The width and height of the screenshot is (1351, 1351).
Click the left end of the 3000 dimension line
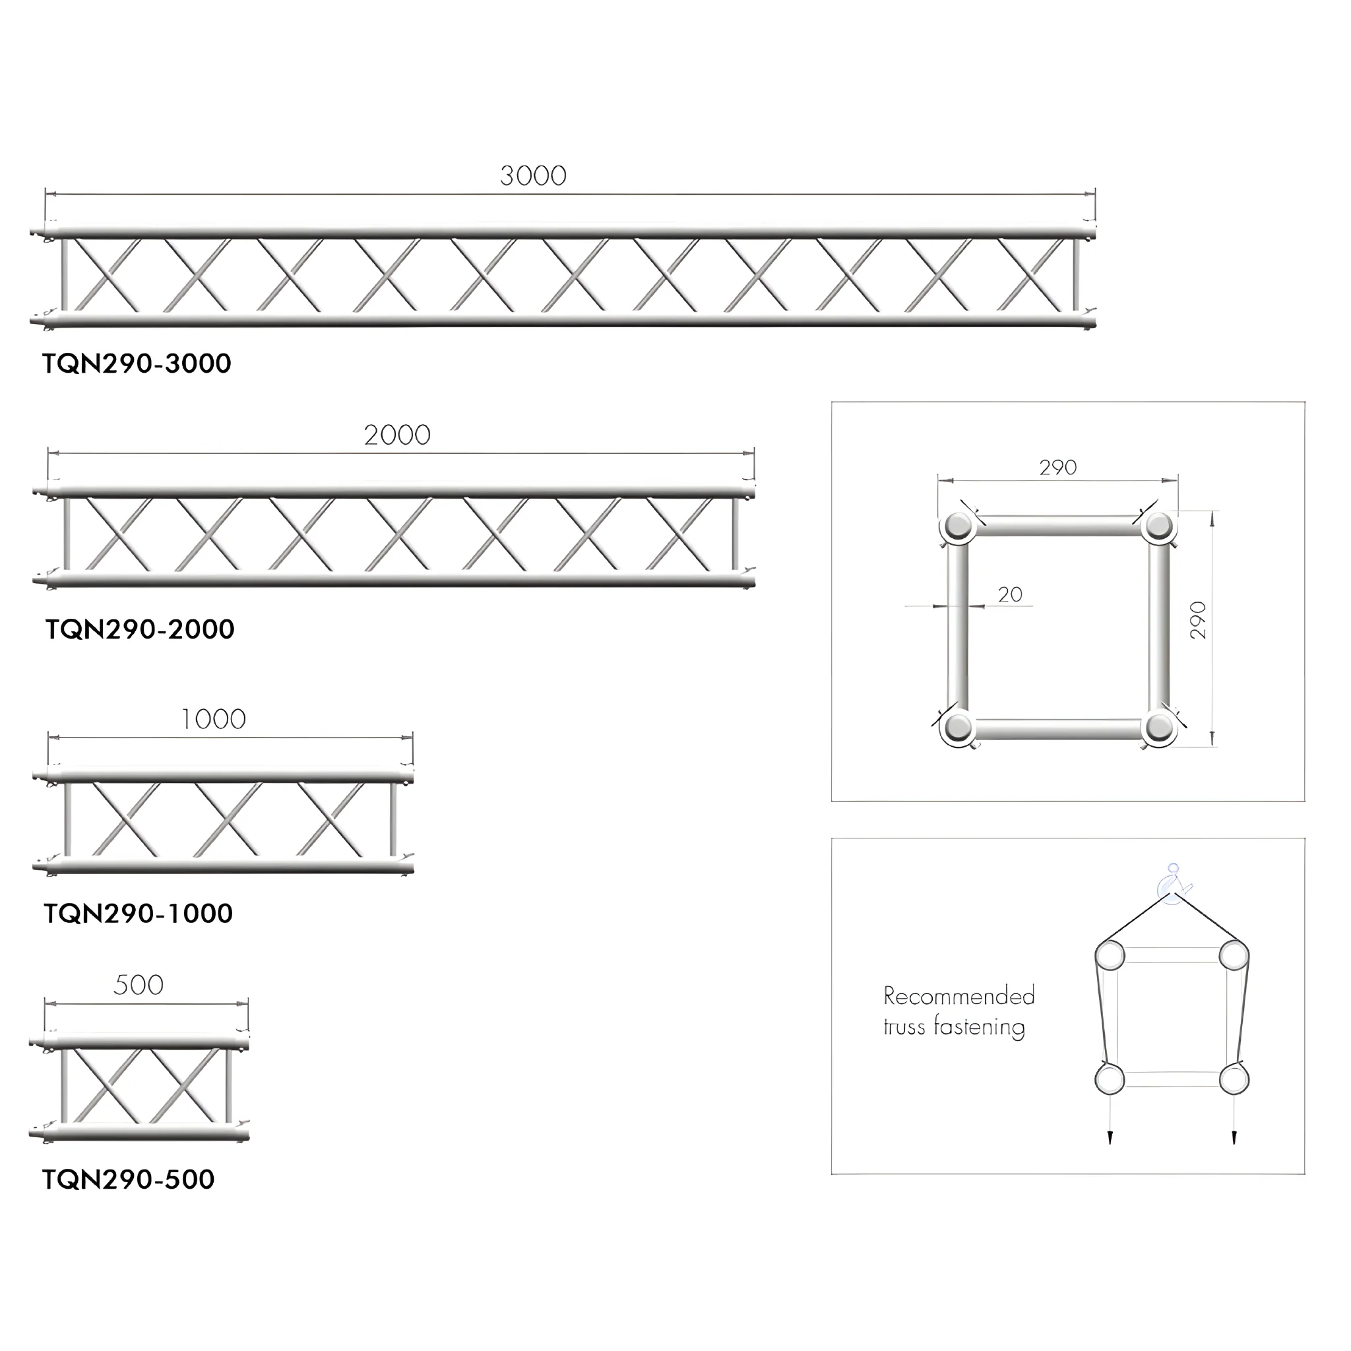point(46,195)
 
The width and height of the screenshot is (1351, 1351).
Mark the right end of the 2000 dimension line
point(755,453)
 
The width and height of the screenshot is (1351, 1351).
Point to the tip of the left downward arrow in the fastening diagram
point(1110,1145)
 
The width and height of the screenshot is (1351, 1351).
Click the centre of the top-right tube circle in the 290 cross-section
point(1158,526)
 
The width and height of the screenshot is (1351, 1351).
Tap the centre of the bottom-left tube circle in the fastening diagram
point(1110,1079)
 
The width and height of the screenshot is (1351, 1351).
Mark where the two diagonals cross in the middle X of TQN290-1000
point(228,819)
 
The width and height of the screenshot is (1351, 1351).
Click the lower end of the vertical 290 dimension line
point(1212,746)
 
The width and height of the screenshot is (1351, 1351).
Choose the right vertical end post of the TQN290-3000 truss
point(1076,275)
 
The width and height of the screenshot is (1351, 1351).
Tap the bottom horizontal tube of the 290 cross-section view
point(1059,730)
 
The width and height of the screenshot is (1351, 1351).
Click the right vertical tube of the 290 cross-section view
point(1158,627)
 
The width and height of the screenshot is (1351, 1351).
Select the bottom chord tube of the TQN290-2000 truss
point(394,580)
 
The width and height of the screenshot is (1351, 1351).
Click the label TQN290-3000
point(137,363)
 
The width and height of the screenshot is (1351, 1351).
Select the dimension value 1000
point(213,719)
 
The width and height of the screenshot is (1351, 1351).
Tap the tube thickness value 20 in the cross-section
point(1010,594)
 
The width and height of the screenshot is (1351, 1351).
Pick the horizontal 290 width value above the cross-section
point(1058,467)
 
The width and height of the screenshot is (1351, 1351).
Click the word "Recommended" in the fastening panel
point(958,995)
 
